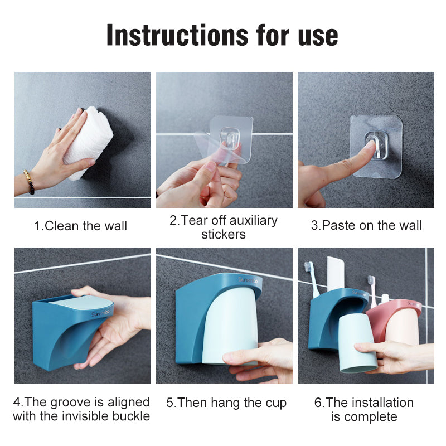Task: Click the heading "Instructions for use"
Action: pos(222,35)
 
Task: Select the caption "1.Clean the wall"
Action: pos(81,226)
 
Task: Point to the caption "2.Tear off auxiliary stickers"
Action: pos(224,227)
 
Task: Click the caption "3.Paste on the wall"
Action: pos(366,225)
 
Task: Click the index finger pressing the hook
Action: pos(357,159)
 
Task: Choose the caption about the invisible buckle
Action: pos(81,409)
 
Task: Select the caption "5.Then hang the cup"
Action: pos(226,403)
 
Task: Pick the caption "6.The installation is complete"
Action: pos(364,409)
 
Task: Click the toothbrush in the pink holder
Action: pos(371,290)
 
